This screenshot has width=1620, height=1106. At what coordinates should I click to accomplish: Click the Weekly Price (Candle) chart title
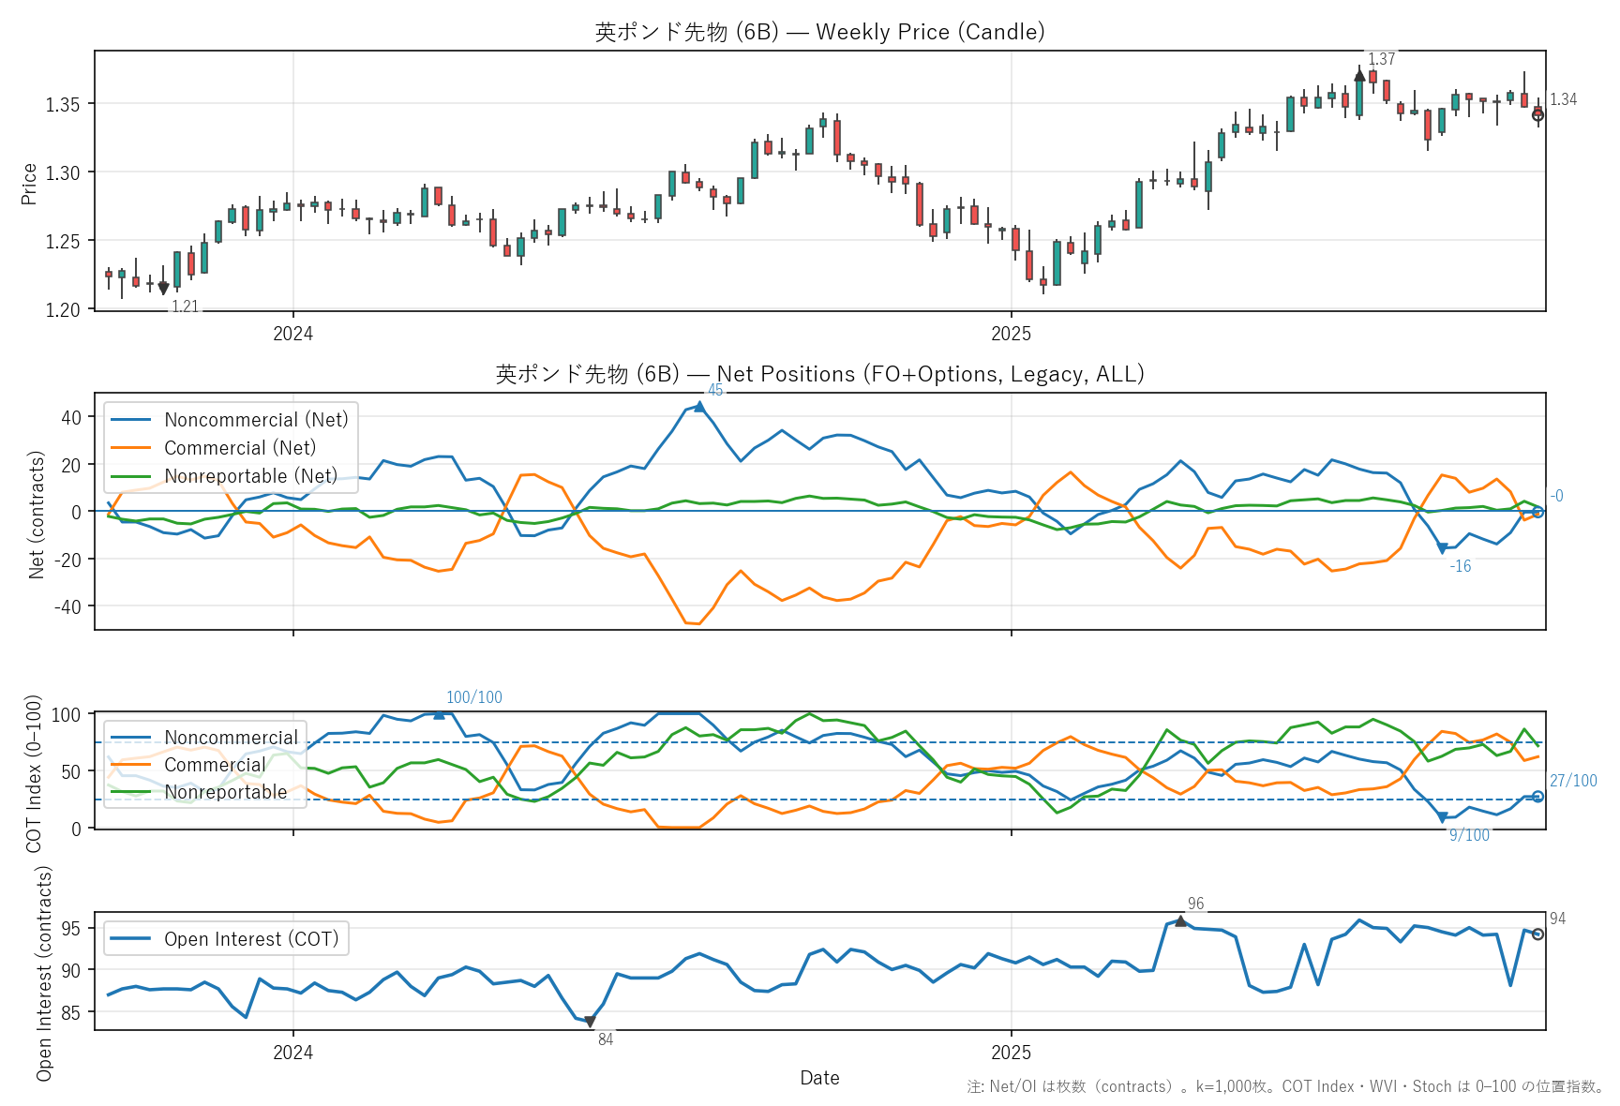point(819,32)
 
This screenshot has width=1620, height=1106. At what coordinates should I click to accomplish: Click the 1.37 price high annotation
point(1381,59)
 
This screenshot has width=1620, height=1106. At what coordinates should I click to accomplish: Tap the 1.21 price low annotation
point(185,306)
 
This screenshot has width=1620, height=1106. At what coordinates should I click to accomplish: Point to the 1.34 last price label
point(1563,99)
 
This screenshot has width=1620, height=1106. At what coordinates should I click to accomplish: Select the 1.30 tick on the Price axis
point(64,172)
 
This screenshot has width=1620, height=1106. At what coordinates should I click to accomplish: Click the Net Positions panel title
point(819,374)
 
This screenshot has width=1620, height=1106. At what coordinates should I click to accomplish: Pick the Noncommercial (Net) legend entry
point(255,420)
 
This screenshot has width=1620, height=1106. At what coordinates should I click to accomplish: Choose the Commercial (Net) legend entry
point(239,448)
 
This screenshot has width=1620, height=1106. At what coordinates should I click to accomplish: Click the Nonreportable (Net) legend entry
point(250,476)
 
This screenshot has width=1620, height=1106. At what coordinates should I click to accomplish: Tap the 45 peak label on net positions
point(715,390)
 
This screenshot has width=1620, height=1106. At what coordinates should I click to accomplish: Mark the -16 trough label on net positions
point(1460,566)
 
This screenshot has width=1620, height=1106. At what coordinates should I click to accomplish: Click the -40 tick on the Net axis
point(70,606)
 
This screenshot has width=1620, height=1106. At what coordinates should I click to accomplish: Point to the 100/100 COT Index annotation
point(473,697)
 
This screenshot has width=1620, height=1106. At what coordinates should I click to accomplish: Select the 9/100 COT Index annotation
point(1469,835)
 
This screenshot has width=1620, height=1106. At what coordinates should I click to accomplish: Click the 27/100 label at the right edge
point(1572,781)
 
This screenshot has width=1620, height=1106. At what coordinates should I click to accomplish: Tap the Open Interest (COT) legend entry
point(250,939)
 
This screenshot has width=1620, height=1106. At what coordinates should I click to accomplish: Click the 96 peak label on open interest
point(1195,904)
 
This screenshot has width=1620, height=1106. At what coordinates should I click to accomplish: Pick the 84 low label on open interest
point(606,1039)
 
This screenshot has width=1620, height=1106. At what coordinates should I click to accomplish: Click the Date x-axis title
point(819,1078)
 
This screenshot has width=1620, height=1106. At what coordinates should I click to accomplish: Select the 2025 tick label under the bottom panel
point(1011,1053)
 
